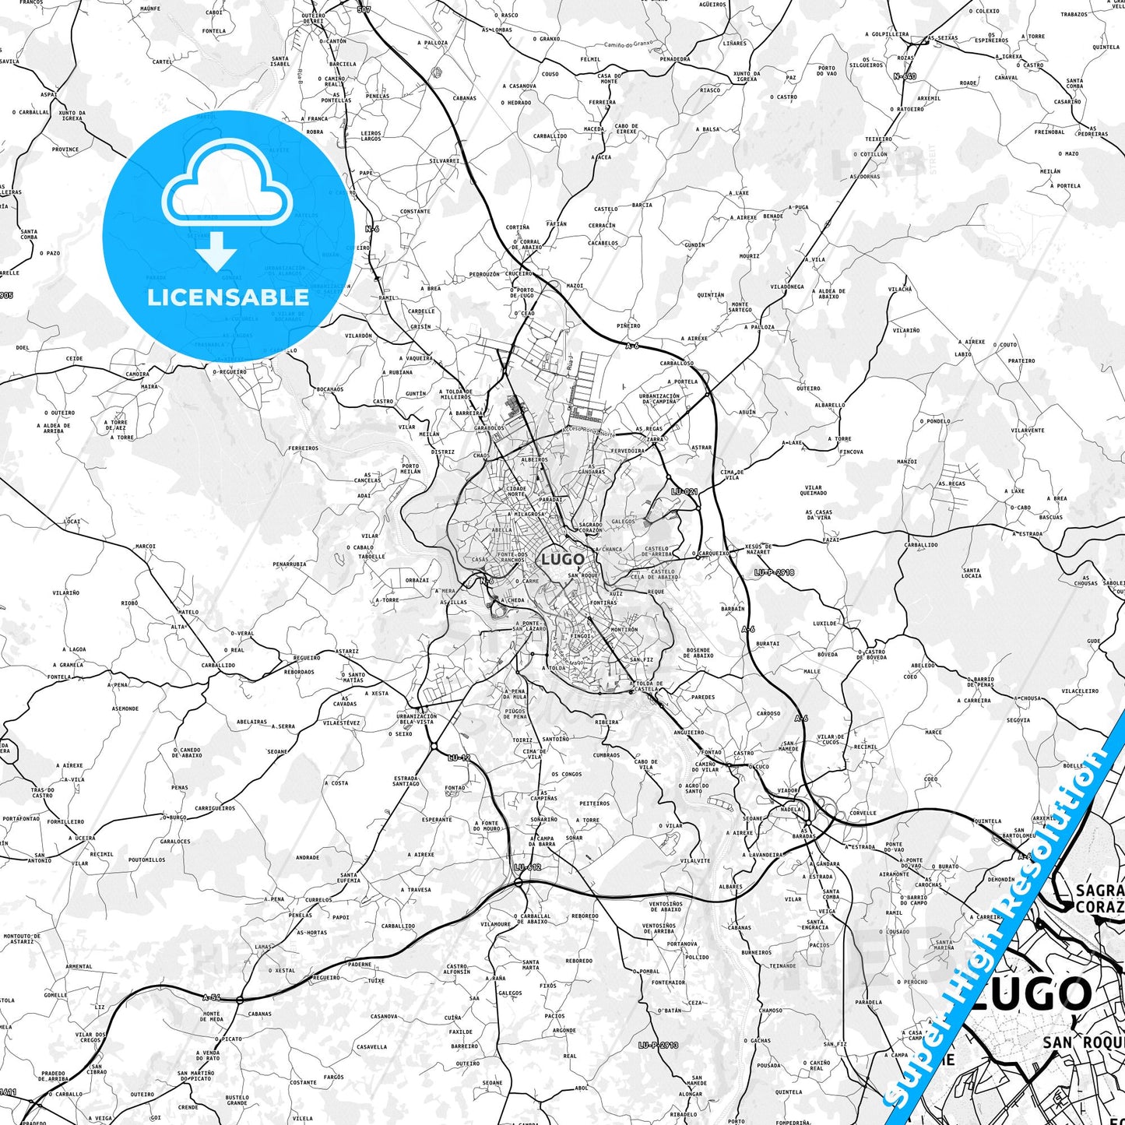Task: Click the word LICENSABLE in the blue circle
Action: [x=227, y=297]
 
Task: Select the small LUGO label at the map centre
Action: [x=562, y=559]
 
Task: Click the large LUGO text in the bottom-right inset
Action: [x=1032, y=994]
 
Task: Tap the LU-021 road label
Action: [x=684, y=491]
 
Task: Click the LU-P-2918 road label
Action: [x=774, y=572]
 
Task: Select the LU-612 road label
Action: [x=527, y=867]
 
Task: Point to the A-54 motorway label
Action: [x=211, y=997]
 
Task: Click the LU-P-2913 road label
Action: [x=658, y=1045]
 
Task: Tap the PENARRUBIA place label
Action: [x=290, y=564]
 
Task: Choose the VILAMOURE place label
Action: [x=496, y=924]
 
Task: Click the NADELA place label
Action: [x=790, y=809]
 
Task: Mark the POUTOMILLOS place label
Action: [x=146, y=860]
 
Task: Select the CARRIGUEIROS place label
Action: [x=215, y=808]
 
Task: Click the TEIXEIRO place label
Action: [x=878, y=139]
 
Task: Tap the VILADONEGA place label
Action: [x=787, y=287]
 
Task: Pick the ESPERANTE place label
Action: [x=437, y=819]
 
